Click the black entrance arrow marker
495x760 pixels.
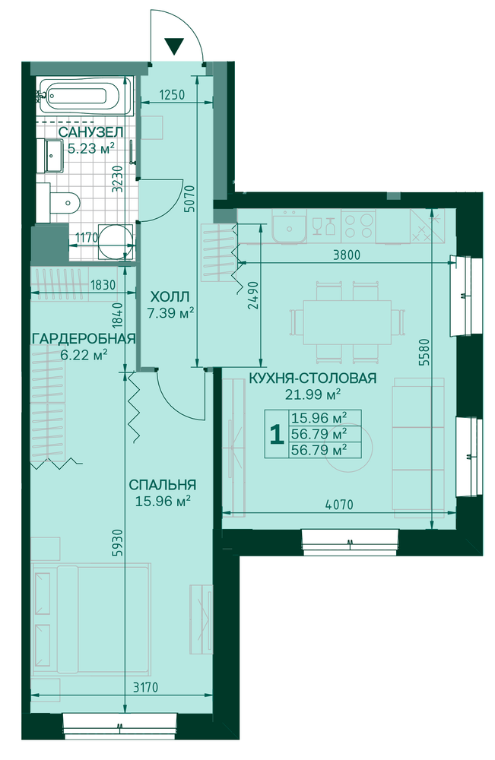[x=174, y=46]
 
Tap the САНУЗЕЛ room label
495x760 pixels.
[x=90, y=131]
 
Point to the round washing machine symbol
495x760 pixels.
[x=115, y=242]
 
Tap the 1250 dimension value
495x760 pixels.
[x=172, y=94]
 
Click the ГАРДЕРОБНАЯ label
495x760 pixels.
[x=83, y=338]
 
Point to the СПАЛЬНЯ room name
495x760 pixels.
[x=162, y=485]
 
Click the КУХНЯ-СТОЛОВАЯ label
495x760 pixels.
[x=313, y=378]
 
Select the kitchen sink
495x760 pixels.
[x=289, y=226]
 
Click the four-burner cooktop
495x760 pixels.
[x=358, y=226]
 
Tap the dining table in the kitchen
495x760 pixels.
[x=347, y=322]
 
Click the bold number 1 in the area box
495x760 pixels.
[x=276, y=434]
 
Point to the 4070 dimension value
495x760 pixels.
[x=339, y=504]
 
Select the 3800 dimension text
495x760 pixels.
[x=347, y=255]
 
